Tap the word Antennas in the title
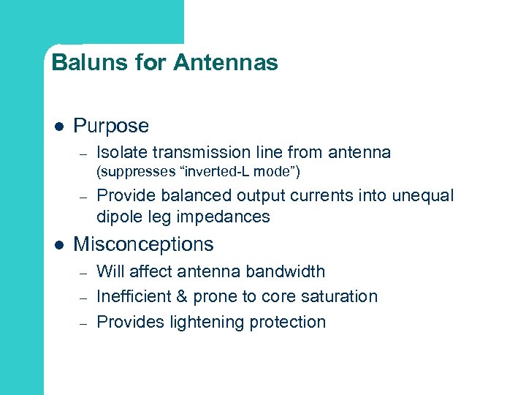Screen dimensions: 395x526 click(x=226, y=63)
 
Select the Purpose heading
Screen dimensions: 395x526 click(x=111, y=126)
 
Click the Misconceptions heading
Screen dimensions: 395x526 click(x=143, y=244)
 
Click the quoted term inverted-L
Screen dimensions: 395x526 click(x=217, y=173)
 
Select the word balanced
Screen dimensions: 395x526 click(x=192, y=195)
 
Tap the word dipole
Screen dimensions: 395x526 click(x=118, y=217)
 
